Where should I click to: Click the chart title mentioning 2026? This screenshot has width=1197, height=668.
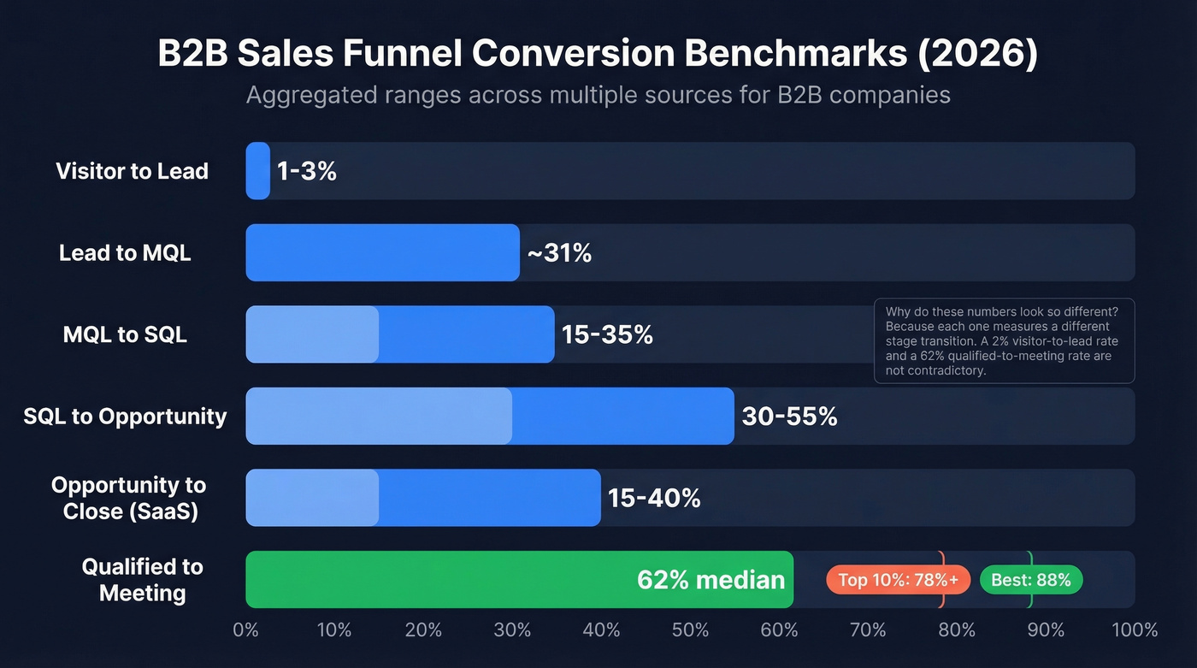click(x=598, y=54)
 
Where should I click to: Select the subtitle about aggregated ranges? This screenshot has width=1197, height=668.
click(x=598, y=94)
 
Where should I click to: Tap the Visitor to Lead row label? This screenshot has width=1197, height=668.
click(x=133, y=171)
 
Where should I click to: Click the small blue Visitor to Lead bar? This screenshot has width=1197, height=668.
click(x=257, y=171)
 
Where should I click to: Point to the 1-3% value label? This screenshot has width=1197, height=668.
click(x=306, y=171)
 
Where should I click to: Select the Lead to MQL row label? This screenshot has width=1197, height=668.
click(x=125, y=253)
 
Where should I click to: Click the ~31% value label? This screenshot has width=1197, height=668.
click(x=559, y=253)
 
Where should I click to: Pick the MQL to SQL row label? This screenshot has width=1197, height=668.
click(x=125, y=334)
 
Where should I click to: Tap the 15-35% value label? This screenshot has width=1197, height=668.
click(x=607, y=334)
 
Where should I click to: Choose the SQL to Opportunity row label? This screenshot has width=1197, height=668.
click(x=125, y=417)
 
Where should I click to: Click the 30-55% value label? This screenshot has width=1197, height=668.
click(x=789, y=417)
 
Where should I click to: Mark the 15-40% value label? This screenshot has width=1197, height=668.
click(x=654, y=498)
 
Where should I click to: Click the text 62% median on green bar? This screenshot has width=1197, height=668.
click(x=711, y=580)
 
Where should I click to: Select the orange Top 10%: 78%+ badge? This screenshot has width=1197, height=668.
click(x=898, y=580)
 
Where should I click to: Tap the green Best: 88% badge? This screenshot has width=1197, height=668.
click(x=1031, y=580)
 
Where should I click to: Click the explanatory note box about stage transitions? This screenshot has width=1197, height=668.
click(x=1004, y=340)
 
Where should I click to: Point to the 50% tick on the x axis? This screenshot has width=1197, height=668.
click(x=690, y=630)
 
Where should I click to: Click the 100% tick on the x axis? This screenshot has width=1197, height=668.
click(x=1134, y=630)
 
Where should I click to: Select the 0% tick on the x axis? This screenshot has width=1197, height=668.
click(x=245, y=630)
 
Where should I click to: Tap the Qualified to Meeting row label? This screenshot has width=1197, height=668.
click(x=143, y=580)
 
